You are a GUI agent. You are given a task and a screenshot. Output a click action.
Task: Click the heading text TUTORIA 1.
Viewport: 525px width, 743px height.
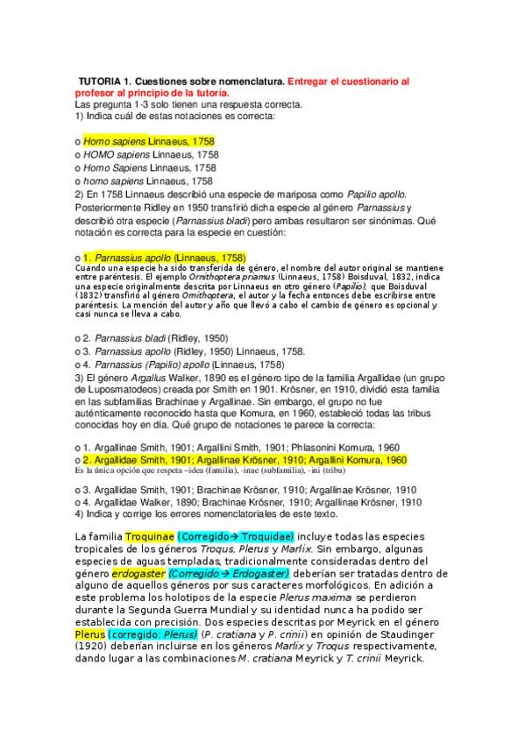click(110, 81)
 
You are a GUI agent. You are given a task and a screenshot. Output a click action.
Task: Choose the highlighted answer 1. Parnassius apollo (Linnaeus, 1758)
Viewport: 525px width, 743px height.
click(163, 258)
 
